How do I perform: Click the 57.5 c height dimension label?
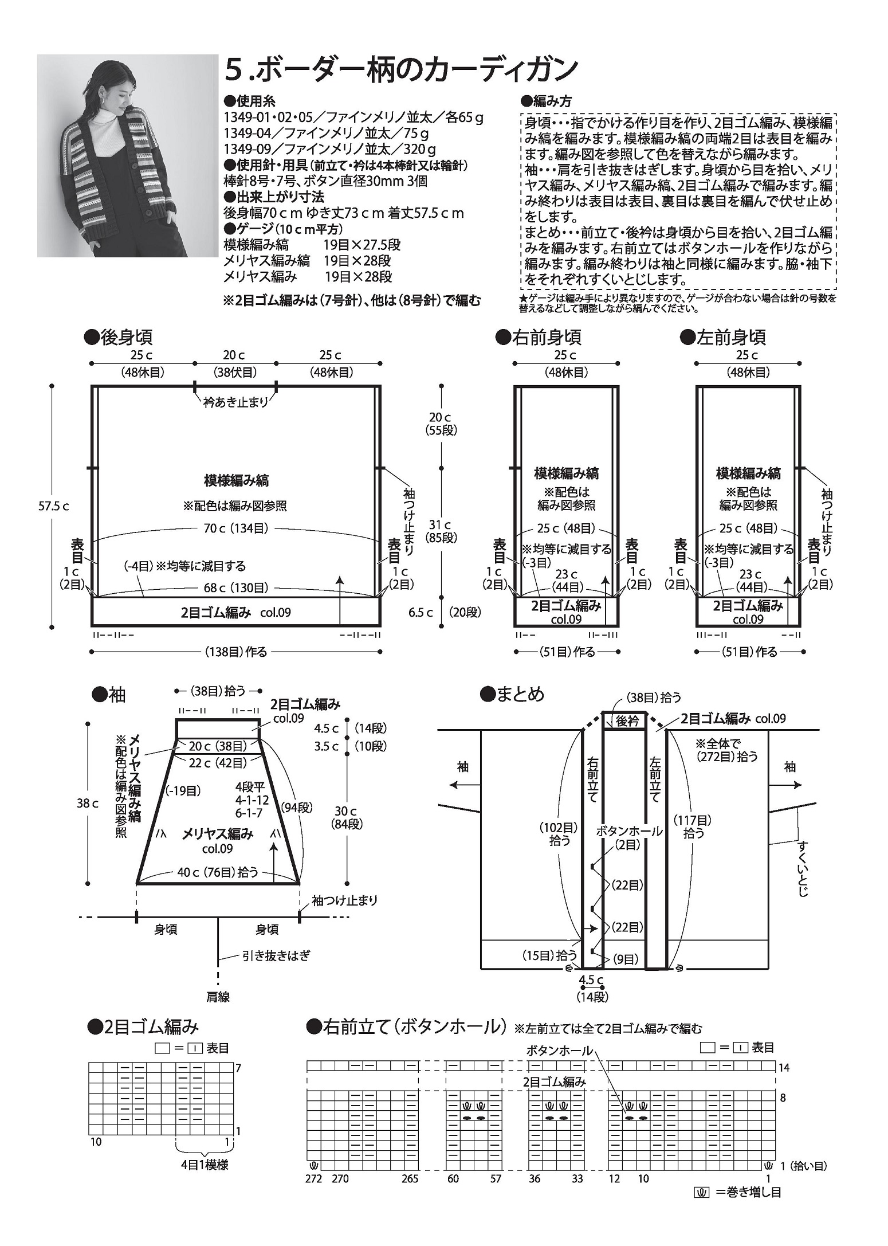[x=55, y=507]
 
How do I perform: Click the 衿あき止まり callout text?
[x=235, y=402]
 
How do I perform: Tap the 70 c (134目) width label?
[x=235, y=528]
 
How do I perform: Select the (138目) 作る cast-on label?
[x=235, y=652]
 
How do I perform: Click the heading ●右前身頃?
[x=539, y=337]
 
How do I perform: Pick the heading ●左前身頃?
[x=723, y=337]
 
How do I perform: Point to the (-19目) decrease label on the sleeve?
[x=183, y=791]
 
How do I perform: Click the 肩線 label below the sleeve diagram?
[x=218, y=997]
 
